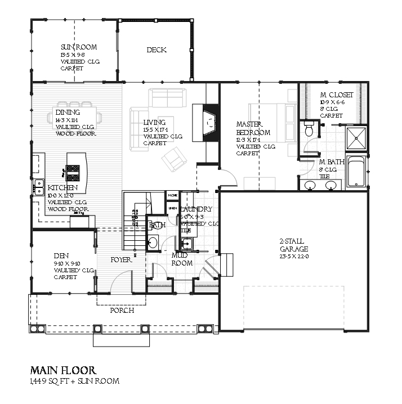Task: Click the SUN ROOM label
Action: point(78,47)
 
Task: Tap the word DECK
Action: point(157,50)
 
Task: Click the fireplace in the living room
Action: point(207,123)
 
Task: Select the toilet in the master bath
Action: point(308,130)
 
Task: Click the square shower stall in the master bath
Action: point(356,137)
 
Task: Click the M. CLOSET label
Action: point(337,95)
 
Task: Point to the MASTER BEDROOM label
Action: point(253,128)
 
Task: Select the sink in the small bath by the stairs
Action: point(153,243)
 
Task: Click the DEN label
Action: point(61,254)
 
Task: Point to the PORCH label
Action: point(121,311)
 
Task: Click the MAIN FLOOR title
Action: point(63,370)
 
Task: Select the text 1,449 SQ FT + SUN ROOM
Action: point(74,381)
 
